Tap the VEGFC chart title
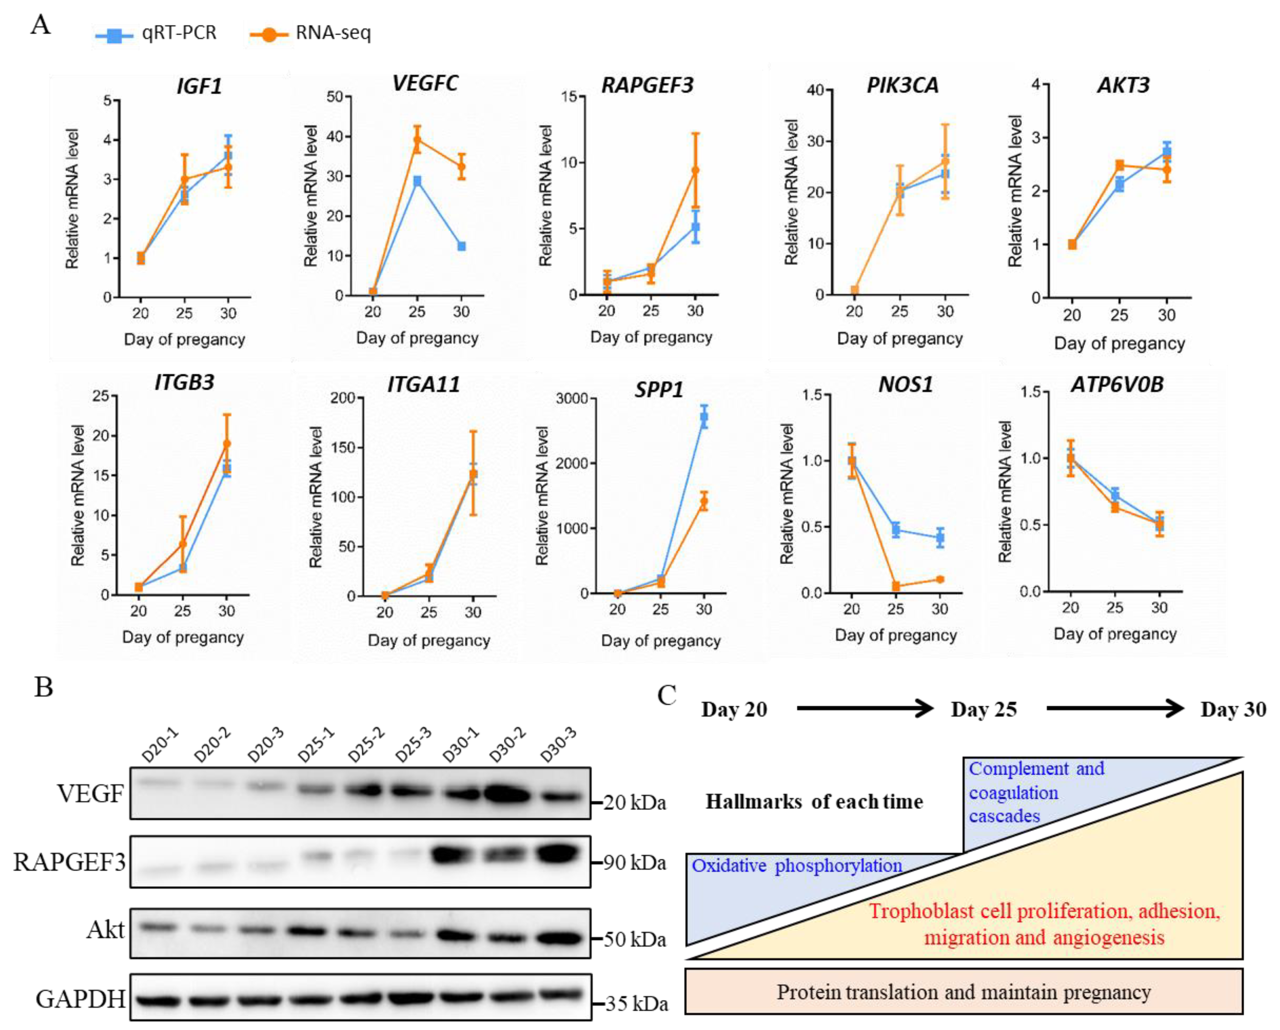click(425, 83)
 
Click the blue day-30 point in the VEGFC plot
click(461, 246)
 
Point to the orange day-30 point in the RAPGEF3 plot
click(695, 171)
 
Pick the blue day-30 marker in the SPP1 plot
click(704, 417)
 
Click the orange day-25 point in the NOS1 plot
click(896, 587)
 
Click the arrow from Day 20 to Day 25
click(865, 708)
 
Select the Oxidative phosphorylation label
click(797, 866)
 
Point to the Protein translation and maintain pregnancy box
click(964, 991)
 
